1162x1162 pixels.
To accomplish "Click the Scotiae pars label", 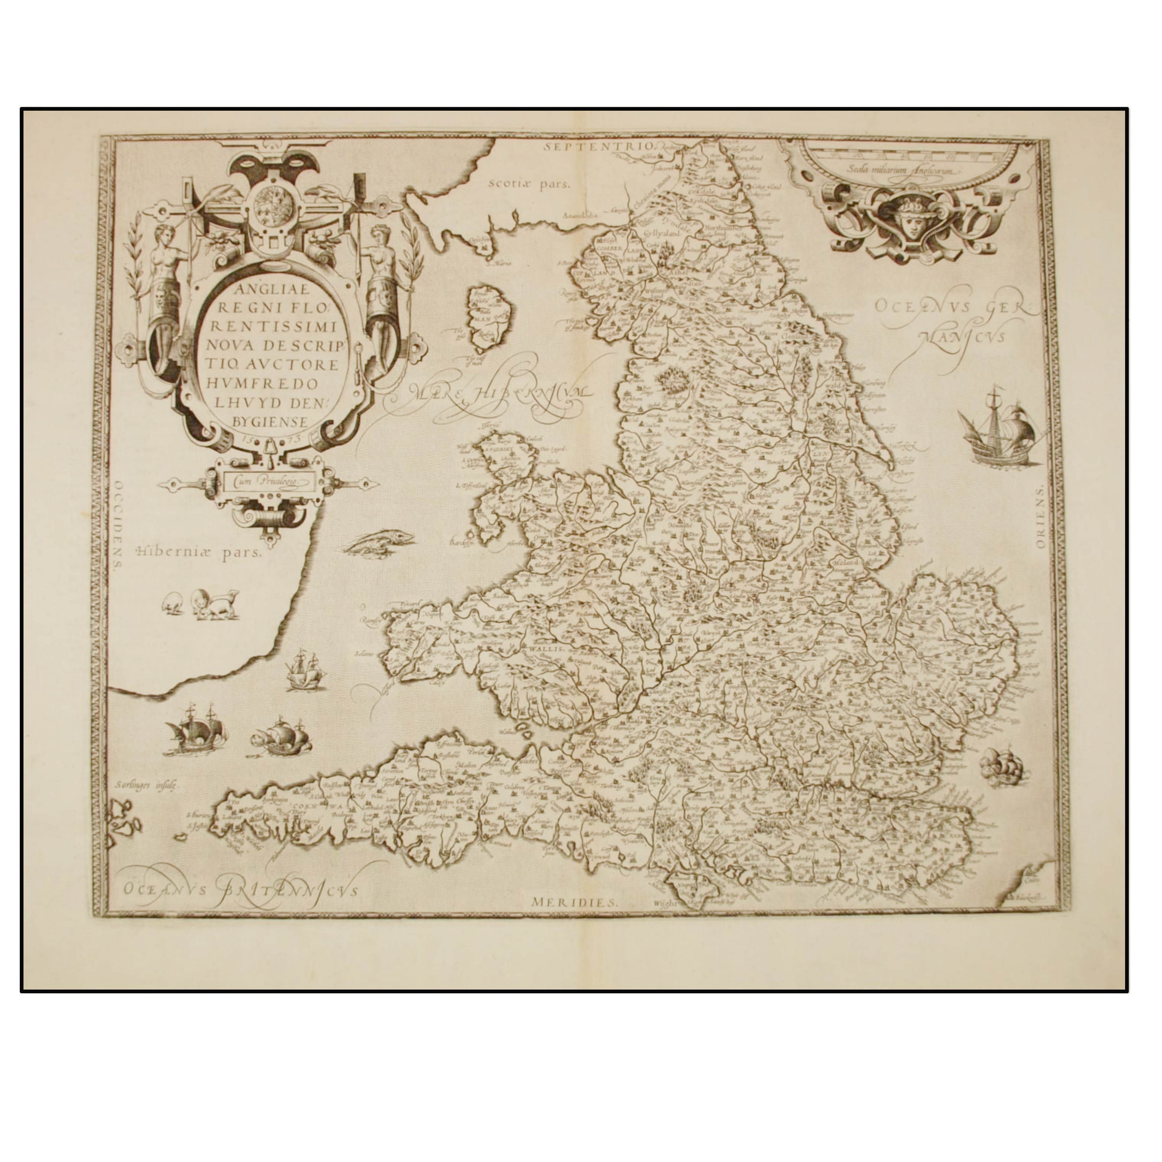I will pyautogui.click(x=529, y=184).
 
